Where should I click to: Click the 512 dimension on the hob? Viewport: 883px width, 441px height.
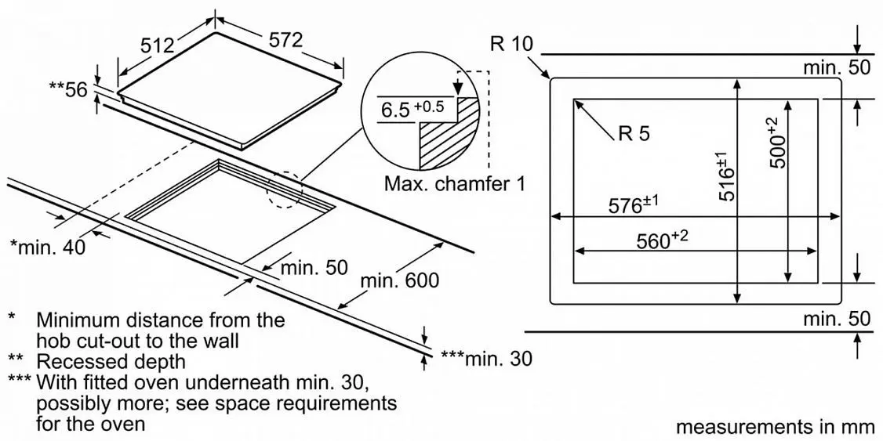pos(157,45)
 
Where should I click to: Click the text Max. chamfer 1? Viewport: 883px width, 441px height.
pos(455,183)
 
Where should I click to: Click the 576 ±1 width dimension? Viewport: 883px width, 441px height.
pos(633,204)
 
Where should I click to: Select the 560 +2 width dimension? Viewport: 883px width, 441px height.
pos(662,240)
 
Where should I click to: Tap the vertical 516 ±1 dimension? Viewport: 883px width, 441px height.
pos(727,176)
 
